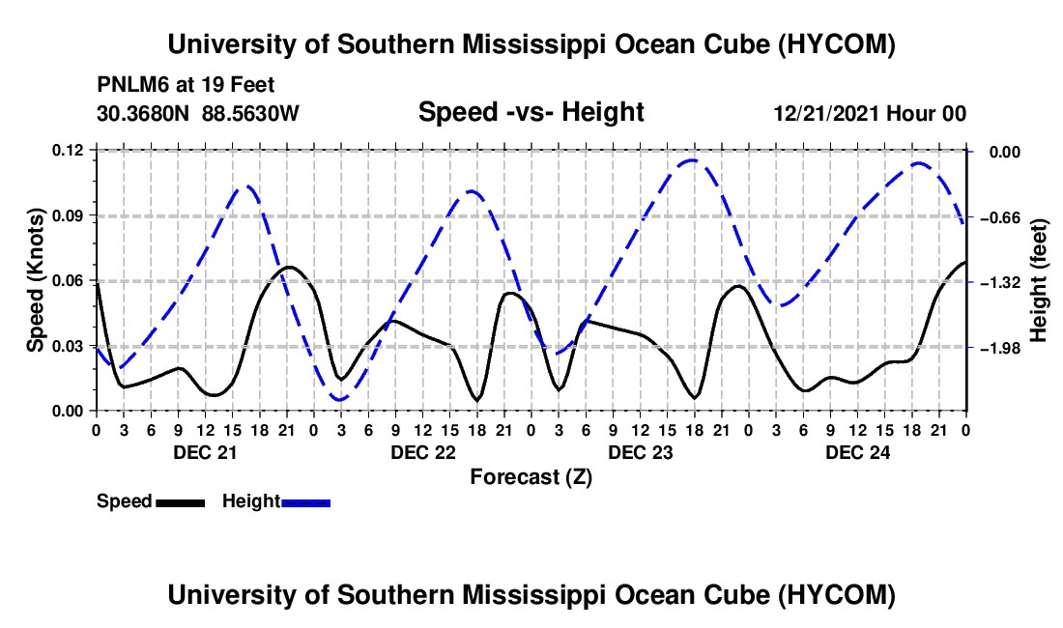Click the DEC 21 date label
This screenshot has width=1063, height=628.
[206, 452]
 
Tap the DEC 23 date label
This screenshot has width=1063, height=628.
[641, 452]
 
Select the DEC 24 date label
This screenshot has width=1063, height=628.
[857, 452]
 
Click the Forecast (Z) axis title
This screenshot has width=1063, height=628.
[531, 477]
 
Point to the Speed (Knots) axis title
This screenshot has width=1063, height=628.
[35, 280]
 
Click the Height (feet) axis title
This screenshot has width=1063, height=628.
[1038, 280]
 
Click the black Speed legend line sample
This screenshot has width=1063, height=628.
[181, 503]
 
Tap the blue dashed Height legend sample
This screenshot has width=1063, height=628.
[305, 503]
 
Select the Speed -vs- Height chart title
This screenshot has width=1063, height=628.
[531, 112]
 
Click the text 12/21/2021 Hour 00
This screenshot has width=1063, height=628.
[870, 113]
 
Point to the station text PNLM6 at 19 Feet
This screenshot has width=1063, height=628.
[186, 85]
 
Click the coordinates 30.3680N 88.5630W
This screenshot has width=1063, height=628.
[198, 113]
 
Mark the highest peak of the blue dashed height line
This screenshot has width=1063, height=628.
[692, 159]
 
